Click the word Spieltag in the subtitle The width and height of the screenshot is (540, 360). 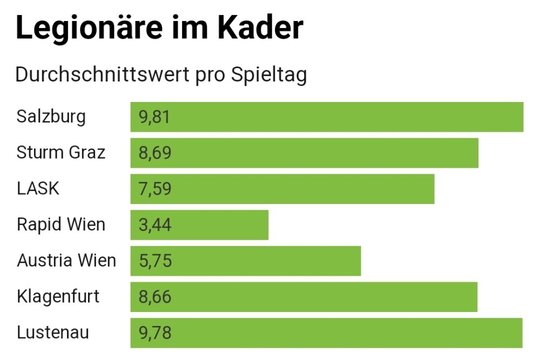click(268, 74)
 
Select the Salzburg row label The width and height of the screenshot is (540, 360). click(51, 117)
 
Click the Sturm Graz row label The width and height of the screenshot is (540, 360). click(61, 153)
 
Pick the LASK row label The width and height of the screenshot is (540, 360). click(38, 188)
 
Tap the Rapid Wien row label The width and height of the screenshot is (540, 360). click(61, 225)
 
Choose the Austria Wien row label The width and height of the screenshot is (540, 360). click(66, 261)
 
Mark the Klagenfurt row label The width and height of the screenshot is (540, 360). click(58, 296)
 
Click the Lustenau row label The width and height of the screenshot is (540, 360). click(53, 332)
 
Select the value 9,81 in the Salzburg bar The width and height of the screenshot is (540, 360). click(155, 117)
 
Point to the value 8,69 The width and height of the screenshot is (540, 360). click(155, 153)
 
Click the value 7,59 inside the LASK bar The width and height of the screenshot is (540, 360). click(155, 189)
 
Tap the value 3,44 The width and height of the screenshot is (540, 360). click(155, 225)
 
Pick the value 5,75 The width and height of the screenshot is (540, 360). click(155, 261)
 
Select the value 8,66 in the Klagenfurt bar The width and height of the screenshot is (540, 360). click(155, 297)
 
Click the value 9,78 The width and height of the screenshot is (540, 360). click(155, 333)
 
